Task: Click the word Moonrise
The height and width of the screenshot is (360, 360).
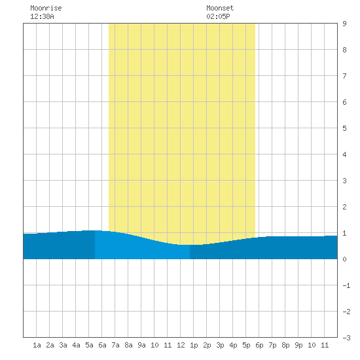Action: pos(46,8)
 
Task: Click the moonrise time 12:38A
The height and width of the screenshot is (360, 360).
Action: pos(42,16)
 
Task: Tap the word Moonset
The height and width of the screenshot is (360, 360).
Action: pos(220,8)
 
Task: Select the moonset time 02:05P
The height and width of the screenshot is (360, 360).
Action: pos(218,16)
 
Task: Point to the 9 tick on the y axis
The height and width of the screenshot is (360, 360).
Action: pos(344,24)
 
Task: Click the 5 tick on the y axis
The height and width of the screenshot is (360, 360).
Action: pos(344,128)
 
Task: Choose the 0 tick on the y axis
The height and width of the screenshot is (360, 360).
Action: pos(344,259)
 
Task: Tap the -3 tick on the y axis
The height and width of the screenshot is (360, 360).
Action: pos(346,338)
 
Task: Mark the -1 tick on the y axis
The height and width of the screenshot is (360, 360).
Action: pos(346,285)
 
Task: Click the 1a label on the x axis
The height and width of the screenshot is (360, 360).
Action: pos(37,345)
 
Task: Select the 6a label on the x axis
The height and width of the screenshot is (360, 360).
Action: pos(102,345)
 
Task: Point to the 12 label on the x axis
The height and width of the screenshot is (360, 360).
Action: pos(181,345)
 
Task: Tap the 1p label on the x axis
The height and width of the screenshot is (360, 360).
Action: pos(194,345)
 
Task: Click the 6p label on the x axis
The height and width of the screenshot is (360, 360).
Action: pos(259,345)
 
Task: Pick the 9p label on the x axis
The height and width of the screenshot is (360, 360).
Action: pos(298,345)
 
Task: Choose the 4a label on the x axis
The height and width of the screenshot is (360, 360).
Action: pos(76,345)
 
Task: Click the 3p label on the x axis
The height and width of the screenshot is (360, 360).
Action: pos(220,345)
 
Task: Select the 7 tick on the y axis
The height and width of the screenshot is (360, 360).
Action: pos(344,76)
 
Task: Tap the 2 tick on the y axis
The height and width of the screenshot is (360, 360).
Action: pos(344,207)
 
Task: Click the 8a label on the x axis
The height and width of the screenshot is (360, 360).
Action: pos(128,345)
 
